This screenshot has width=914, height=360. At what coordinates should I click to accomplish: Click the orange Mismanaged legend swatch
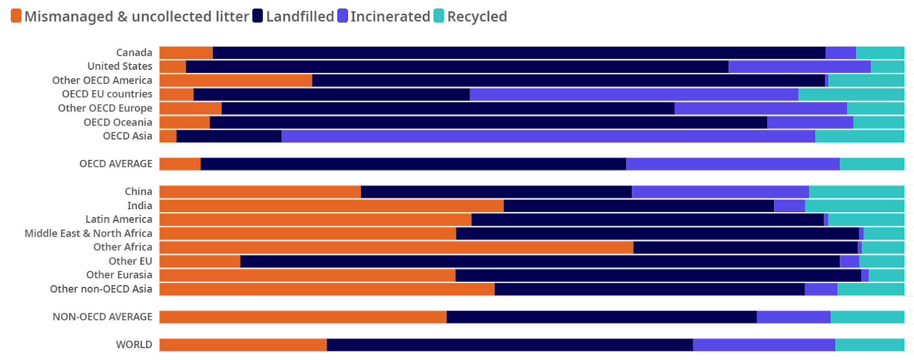[16, 16]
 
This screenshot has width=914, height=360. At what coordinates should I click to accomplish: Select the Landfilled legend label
[300, 17]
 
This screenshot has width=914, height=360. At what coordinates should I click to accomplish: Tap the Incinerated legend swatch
[342, 16]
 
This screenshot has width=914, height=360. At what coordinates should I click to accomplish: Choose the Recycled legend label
[477, 17]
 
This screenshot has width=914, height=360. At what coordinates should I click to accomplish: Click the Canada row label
[134, 53]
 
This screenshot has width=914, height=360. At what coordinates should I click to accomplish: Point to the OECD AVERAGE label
[116, 164]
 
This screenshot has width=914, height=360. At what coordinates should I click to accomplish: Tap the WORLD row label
[134, 345]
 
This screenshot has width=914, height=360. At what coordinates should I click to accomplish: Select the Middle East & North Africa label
[89, 233]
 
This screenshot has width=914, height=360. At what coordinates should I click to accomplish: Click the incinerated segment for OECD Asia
[548, 136]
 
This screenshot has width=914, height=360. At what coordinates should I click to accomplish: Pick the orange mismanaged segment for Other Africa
[396, 247]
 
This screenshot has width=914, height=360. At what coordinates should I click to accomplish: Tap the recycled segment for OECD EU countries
[851, 94]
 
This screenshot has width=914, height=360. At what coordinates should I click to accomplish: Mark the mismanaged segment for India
[331, 206]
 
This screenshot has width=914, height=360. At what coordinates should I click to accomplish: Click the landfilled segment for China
[496, 192]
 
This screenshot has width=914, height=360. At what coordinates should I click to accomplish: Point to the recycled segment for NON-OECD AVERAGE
[867, 317]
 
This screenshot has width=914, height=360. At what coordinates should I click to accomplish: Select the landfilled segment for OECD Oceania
[488, 122]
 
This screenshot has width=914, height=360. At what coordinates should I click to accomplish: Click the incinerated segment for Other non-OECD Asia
[821, 289]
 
